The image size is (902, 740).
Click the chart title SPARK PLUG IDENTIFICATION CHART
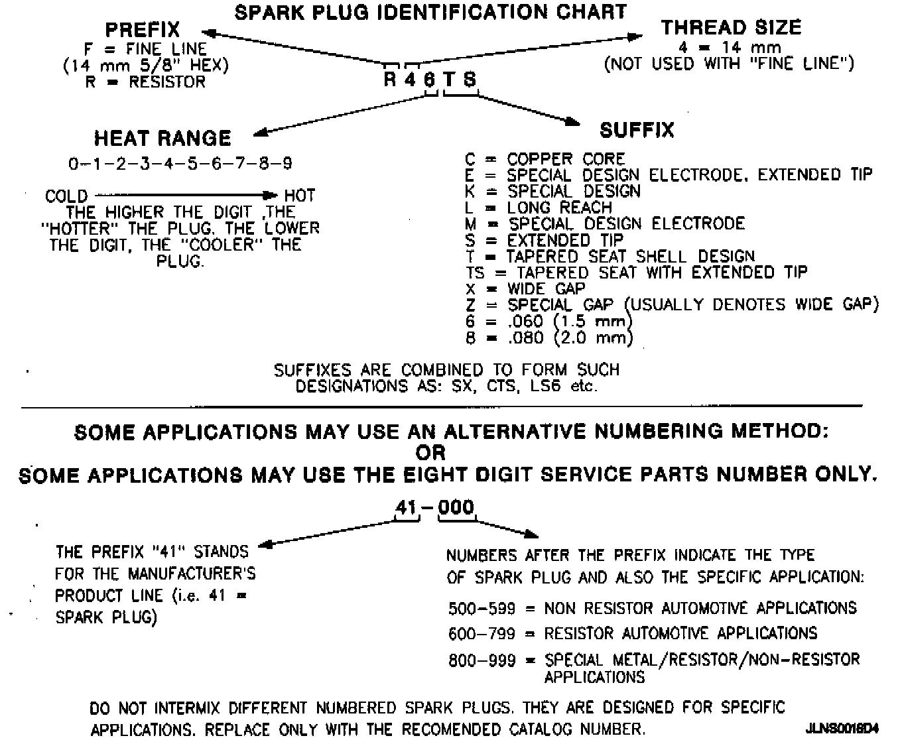(430, 12)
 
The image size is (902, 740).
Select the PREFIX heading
(143, 30)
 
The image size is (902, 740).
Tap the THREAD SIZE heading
(731, 28)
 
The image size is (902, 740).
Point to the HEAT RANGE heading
(162, 139)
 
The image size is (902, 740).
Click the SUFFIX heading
(637, 130)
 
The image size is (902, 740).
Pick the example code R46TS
(430, 80)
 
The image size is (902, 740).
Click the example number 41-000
(435, 508)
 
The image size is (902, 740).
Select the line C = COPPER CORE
(545, 159)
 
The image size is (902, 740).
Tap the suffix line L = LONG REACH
(539, 208)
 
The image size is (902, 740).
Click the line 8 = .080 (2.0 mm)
(549, 338)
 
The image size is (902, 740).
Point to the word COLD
(66, 196)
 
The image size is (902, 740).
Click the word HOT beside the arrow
(300, 196)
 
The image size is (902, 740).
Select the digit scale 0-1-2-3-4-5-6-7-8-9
(180, 163)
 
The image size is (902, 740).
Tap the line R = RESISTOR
(145, 82)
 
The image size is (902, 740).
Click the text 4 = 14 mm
(730, 48)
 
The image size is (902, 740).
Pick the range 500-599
(482, 608)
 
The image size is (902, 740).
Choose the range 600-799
(482, 634)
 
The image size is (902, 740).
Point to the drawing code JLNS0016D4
(842, 728)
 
